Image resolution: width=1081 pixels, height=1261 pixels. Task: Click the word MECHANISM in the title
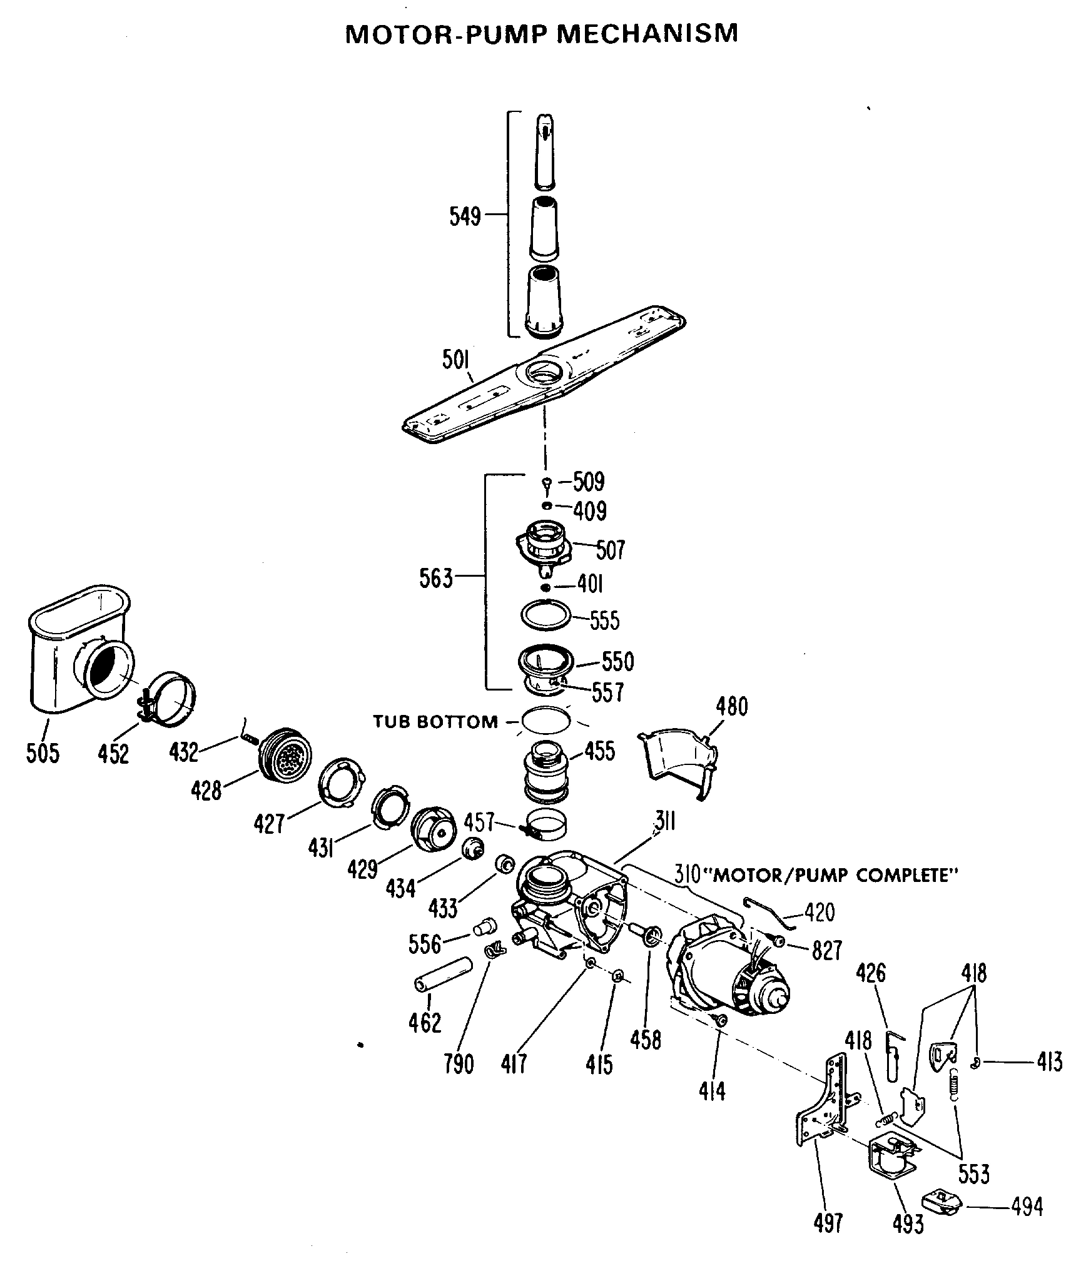(x=647, y=34)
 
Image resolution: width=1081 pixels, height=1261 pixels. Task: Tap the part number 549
(x=465, y=216)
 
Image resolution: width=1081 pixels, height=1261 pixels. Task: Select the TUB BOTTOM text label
(x=435, y=722)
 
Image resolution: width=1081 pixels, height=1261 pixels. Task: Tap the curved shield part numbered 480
(x=679, y=760)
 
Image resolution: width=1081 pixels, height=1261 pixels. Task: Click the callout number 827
(x=827, y=950)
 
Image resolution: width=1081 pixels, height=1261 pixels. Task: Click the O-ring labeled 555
(x=546, y=615)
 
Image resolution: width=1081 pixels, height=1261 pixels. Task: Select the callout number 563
(x=435, y=579)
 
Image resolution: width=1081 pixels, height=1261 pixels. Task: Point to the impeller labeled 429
(x=435, y=829)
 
